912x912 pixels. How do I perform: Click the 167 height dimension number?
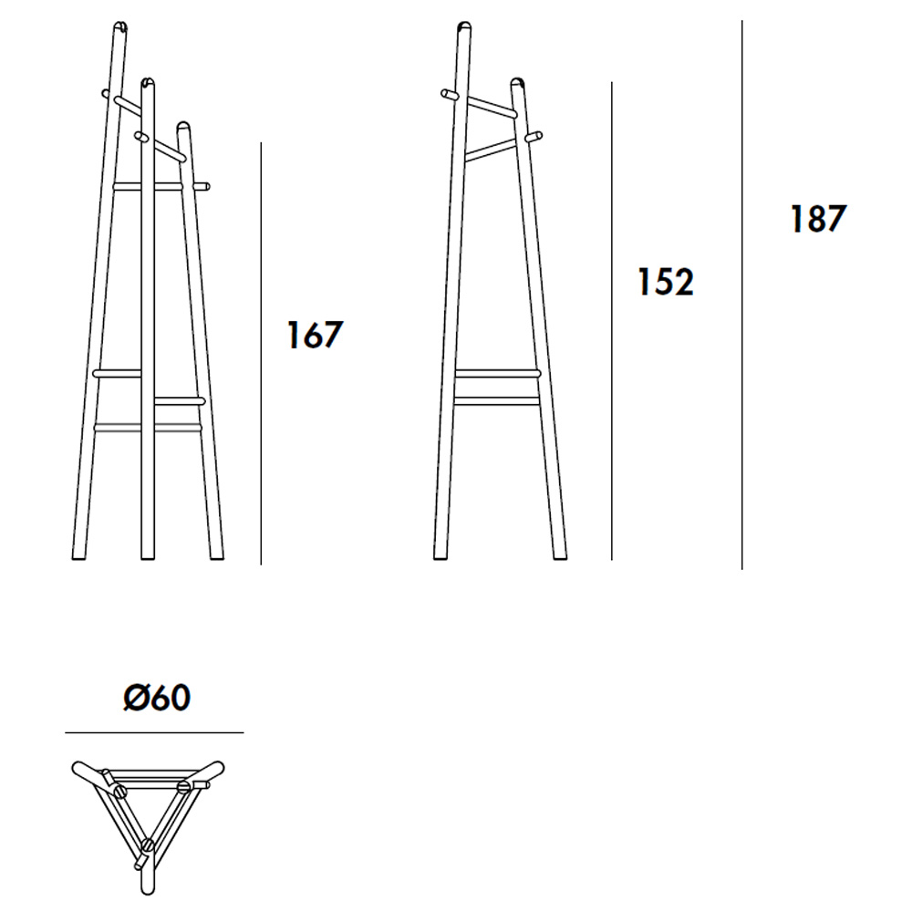tap(316, 335)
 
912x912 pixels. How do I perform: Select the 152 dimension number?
tap(666, 282)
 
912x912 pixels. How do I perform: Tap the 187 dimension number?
tap(818, 219)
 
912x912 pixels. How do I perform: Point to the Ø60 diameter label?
tap(157, 697)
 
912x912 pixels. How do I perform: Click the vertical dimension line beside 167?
tap(261, 354)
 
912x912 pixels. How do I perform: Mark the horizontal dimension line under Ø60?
tap(154, 733)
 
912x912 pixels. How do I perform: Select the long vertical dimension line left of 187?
tap(742, 295)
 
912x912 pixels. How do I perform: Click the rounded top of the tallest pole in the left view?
tap(120, 26)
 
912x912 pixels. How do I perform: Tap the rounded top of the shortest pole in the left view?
tap(184, 126)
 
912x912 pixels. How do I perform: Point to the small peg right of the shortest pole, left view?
tap(202, 187)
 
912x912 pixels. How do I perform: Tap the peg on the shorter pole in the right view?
tap(534, 138)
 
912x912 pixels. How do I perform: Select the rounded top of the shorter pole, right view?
tap(518, 83)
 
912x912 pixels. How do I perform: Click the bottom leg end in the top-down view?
tap(148, 887)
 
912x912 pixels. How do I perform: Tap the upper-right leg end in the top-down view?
tap(215, 768)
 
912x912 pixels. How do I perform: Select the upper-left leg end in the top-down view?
tap(80, 769)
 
